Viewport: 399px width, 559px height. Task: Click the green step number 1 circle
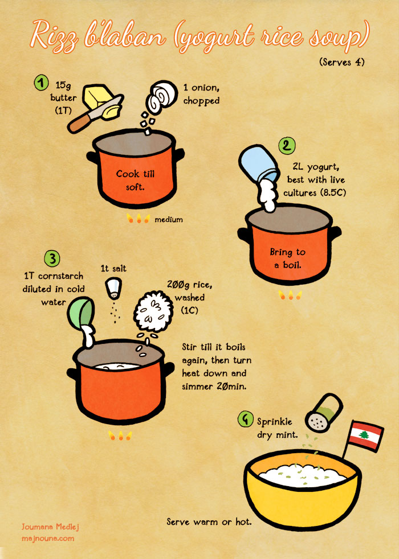point(42,83)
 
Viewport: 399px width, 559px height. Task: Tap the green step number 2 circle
point(287,146)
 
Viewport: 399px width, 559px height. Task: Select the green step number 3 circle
point(52,258)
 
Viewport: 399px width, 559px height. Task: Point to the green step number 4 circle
point(246,419)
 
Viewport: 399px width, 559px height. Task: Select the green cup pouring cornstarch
point(82,313)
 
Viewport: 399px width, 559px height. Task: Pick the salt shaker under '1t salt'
point(114,288)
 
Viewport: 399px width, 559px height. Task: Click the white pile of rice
point(153,311)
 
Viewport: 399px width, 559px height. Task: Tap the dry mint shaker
point(324,413)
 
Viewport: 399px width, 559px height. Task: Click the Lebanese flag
point(365,435)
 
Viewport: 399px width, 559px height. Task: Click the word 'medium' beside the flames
point(169,220)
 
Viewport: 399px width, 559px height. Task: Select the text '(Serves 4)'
point(342,62)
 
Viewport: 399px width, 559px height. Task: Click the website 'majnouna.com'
point(48,539)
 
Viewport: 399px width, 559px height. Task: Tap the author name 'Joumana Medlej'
point(50,527)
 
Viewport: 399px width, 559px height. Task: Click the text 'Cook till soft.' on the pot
point(135,180)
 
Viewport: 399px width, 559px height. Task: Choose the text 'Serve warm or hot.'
point(209,522)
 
